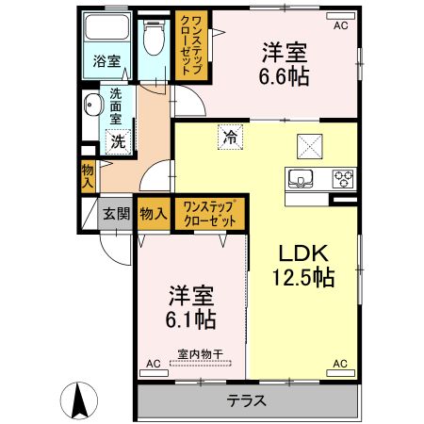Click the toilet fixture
tap(154, 39)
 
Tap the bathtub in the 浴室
tap(107, 26)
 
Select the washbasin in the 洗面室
tap(93, 105)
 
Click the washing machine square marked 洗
tap(118, 142)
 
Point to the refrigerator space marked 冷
tap(231, 137)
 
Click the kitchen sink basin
tap(301, 179)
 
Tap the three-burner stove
tap(343, 179)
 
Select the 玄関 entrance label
tap(117, 214)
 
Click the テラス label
tap(247, 401)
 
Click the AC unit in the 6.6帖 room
tap(340, 16)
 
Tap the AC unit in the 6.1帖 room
tap(154, 373)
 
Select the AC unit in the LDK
tap(340, 373)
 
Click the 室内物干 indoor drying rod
tap(201, 364)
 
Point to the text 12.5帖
tap(303, 277)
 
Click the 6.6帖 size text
tap(284, 76)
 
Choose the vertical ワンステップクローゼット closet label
tap(191, 45)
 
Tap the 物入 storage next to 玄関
tap(154, 214)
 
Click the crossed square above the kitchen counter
tap(310, 146)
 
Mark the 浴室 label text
tap(106, 61)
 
